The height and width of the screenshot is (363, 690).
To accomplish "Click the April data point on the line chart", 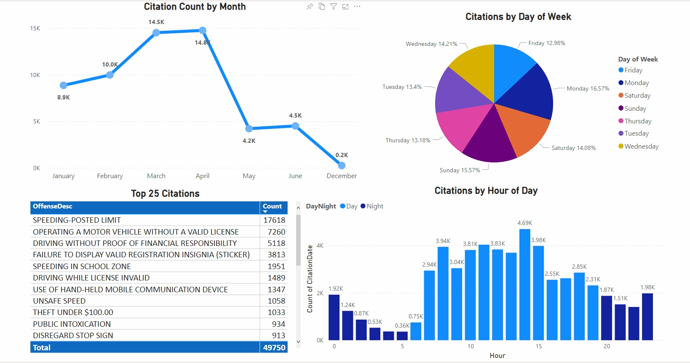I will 203,30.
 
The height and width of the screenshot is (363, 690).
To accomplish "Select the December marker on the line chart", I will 342,165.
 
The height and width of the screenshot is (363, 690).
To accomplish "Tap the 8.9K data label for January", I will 64,97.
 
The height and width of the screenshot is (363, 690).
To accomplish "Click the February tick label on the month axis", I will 110,176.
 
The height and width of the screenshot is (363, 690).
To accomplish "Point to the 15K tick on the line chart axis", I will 35,28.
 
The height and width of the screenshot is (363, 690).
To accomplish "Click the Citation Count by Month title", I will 195,7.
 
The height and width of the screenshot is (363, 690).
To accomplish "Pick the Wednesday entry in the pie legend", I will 641,147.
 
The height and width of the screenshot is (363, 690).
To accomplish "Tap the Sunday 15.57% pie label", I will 460,170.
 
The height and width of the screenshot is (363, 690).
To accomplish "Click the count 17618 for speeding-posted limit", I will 274,220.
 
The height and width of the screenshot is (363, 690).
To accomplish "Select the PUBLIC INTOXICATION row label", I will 72,324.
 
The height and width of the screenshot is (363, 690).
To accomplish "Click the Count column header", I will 272,206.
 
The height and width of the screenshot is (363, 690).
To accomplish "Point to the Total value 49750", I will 274,348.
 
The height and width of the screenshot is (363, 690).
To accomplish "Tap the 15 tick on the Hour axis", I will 539,346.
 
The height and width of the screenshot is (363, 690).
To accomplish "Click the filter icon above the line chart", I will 334,6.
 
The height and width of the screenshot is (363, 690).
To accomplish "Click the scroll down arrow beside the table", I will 298,342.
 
